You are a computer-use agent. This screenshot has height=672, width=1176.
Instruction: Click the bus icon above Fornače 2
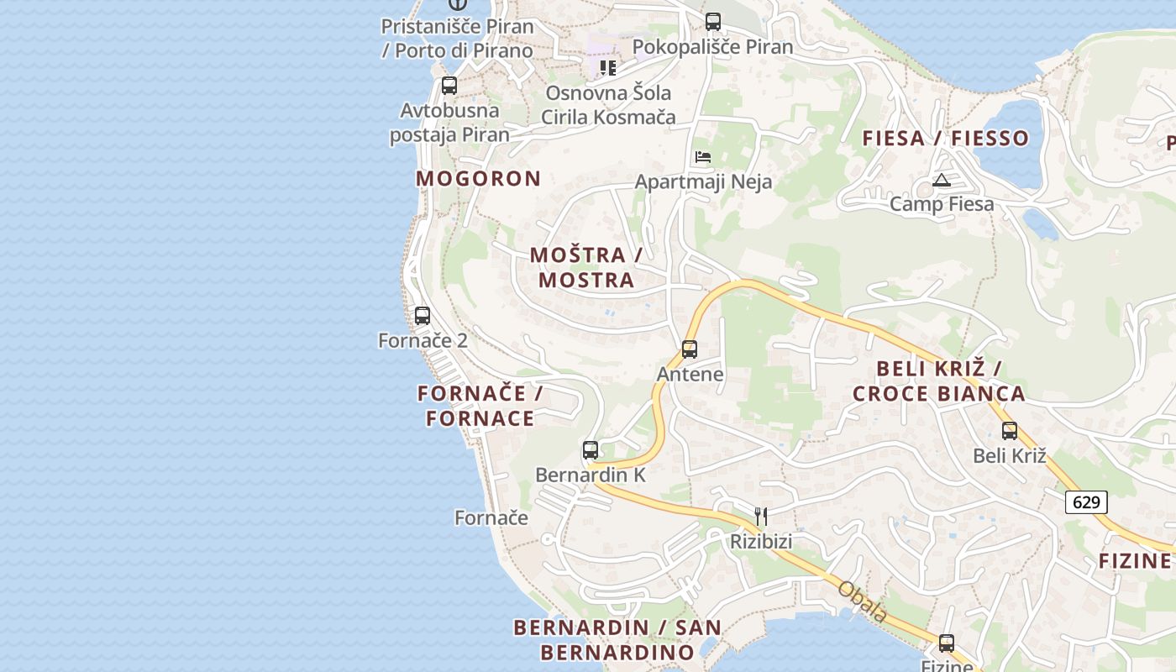point(423,316)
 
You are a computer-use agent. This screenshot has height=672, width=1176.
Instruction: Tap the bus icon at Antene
point(690,349)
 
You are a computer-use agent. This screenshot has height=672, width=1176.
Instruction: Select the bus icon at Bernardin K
point(591,449)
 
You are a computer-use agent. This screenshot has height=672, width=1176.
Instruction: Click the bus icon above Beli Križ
point(1010,430)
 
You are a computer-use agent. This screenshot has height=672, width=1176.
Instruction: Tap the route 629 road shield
point(1086,502)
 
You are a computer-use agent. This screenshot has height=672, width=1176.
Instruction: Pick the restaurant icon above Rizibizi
point(761,516)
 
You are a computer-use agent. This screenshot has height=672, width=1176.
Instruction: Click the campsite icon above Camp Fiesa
point(942,180)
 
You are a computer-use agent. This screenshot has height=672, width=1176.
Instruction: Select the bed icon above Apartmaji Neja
point(703,157)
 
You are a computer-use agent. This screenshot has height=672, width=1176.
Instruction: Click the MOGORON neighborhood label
point(479,178)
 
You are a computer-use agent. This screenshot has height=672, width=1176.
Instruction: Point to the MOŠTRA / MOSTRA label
point(586,267)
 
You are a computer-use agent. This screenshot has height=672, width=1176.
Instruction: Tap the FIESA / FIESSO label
point(946,139)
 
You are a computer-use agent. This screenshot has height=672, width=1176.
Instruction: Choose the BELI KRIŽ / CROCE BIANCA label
point(939,381)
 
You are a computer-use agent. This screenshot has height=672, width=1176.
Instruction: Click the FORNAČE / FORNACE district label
point(480,406)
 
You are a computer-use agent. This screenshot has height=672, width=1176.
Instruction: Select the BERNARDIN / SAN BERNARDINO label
point(617,639)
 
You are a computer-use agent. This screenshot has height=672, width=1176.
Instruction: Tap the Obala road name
point(862,602)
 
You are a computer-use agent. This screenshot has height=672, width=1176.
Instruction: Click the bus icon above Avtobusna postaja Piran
point(449,86)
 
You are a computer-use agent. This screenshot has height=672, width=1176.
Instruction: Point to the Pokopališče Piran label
point(712,46)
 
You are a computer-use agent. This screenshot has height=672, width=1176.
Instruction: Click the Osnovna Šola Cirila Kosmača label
point(608,104)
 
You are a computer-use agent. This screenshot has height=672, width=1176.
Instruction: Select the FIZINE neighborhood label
point(1135,560)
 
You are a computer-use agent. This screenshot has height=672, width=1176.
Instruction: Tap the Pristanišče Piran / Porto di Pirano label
point(458,38)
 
